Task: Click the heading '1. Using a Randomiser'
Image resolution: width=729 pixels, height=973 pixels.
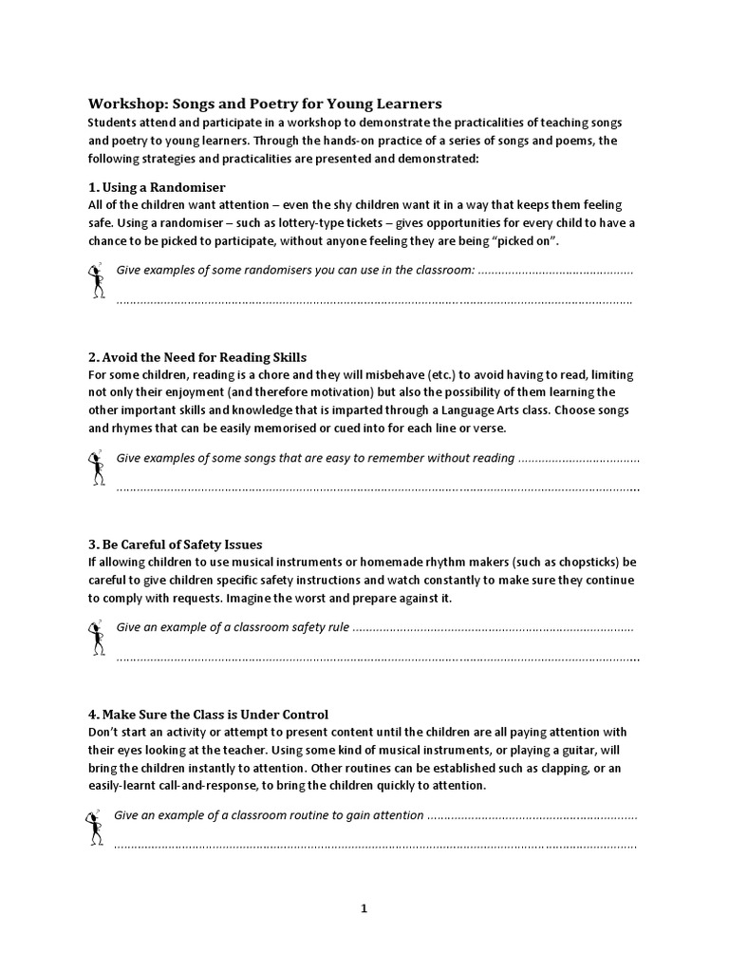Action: point(157,186)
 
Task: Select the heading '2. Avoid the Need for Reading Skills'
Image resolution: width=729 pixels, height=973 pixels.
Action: point(197,357)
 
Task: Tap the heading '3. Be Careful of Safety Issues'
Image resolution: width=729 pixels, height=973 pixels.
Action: point(175,544)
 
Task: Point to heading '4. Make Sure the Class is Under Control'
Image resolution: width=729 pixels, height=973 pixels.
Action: point(208,714)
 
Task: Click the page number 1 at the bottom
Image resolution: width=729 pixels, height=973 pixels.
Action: point(364,908)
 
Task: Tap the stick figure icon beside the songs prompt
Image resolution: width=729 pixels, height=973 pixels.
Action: point(95,469)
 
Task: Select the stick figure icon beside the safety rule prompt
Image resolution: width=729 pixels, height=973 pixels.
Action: point(95,639)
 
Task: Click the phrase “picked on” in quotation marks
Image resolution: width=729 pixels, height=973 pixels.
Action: point(528,240)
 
